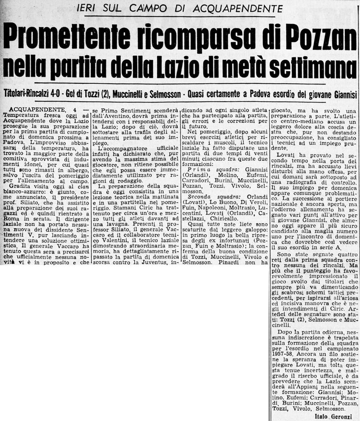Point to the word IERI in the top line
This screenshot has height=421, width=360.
(x=89, y=8)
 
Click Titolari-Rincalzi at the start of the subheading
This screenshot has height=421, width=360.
(x=29, y=94)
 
